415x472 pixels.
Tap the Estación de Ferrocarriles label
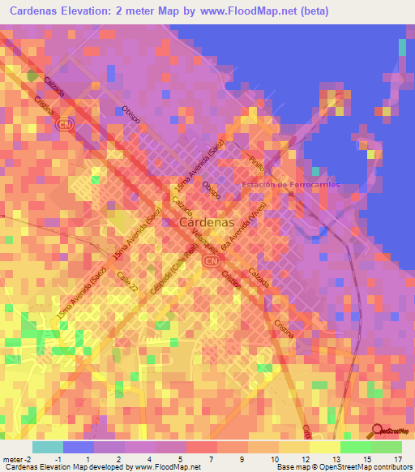290,185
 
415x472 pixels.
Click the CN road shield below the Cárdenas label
212,260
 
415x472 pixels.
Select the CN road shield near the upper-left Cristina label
63,125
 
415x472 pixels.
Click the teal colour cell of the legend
48,447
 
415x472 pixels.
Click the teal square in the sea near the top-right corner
402,47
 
